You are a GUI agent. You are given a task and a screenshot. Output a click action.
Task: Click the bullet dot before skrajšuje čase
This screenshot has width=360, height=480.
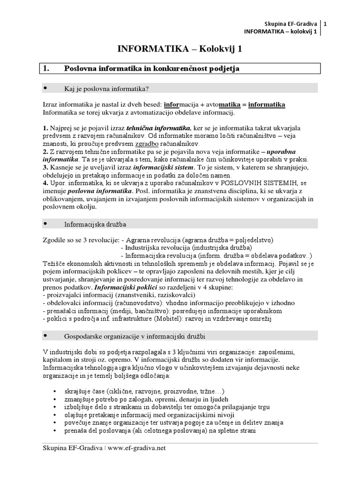[56, 391]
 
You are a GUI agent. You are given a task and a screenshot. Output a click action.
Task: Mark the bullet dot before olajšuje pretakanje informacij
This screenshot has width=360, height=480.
[56, 415]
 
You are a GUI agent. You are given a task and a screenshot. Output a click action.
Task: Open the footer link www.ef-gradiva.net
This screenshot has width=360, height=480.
[136, 448]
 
